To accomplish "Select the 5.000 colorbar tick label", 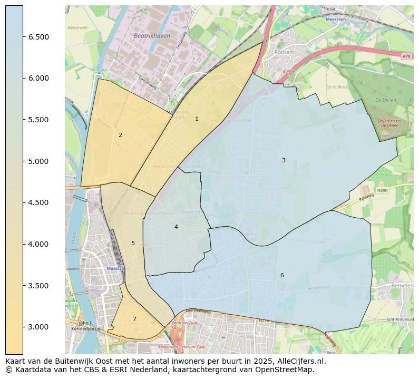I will coord(38,161).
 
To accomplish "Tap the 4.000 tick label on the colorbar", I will coord(38,244).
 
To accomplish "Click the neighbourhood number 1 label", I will coord(197,119).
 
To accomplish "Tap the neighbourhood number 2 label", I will coord(120,135).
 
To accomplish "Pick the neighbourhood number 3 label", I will coord(284,161).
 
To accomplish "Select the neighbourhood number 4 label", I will coord(176,227).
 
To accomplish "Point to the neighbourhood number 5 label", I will coord(133,244).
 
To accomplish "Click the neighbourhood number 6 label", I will coord(282,276).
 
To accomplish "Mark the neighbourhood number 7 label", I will coord(134,319).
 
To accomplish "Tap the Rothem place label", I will coord(284,53).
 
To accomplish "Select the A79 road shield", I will coord(405,56).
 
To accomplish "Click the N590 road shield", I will coord(382,190).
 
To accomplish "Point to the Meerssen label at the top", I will coord(336,19).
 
